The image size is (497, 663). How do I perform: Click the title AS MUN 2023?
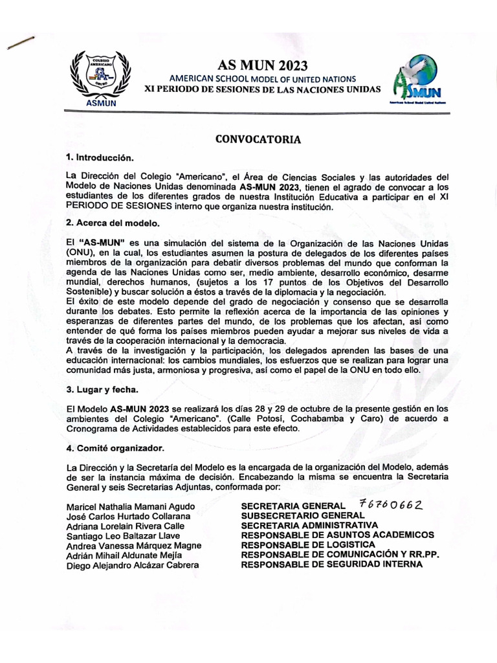pyautogui.click(x=262, y=65)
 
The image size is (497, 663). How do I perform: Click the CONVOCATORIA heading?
pyautogui.click(x=258, y=139)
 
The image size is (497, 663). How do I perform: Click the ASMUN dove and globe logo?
pyautogui.click(x=416, y=79)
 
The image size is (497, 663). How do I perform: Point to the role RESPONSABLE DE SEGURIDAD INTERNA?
pyautogui.click(x=331, y=564)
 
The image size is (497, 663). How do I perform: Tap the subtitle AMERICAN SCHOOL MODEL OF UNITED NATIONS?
pyautogui.click(x=262, y=78)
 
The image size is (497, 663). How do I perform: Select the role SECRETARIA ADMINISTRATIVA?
pyautogui.click(x=309, y=525)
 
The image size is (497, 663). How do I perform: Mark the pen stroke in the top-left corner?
pyautogui.click(x=19, y=43)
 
